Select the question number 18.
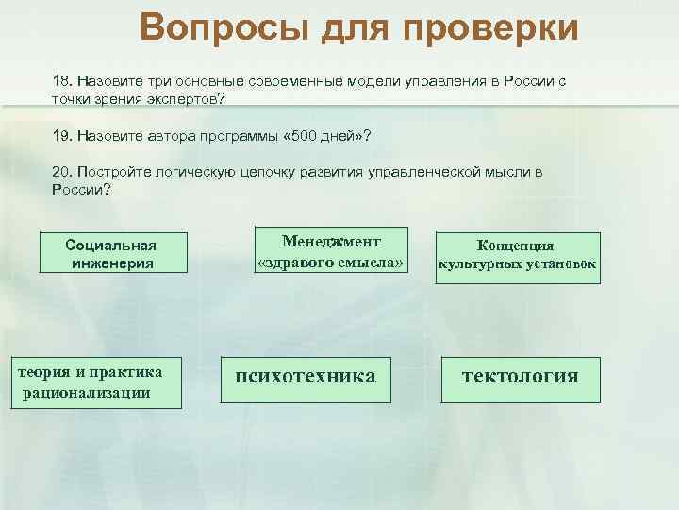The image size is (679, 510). [62, 81]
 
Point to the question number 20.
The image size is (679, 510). [62, 173]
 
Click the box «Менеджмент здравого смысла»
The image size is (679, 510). [330, 250]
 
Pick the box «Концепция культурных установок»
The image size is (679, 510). [515, 255]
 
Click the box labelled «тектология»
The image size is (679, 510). [520, 377]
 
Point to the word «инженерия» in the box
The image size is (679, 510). [111, 263]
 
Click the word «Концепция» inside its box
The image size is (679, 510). [515, 246]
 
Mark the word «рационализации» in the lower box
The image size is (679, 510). [92, 392]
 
